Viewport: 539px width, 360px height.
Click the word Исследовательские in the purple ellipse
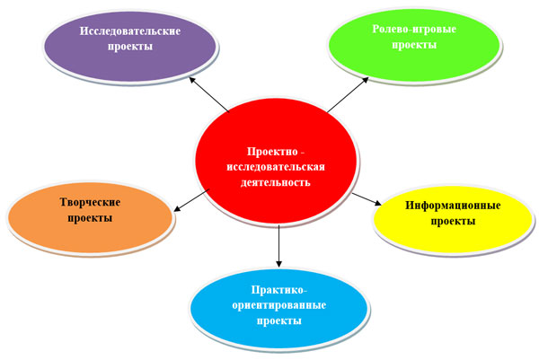coord(130,31)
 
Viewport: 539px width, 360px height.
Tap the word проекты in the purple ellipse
coord(130,47)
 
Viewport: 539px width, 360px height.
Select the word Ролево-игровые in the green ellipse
coord(414,30)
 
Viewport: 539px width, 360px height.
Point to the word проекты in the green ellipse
coord(414,46)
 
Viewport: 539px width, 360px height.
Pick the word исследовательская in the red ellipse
coord(276,167)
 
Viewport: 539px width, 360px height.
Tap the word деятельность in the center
coord(276,182)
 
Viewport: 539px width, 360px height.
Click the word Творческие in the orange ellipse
coord(90,202)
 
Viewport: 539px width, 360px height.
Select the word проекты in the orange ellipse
coord(90,218)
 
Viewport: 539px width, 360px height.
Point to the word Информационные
coord(453,206)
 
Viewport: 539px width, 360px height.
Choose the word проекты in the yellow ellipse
coord(453,222)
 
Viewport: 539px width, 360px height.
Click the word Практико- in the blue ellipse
coord(278,290)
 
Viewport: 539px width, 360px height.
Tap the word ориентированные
coord(278,305)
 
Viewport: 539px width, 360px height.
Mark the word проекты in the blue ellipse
coord(278,321)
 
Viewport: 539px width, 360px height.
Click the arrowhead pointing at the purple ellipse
coord(192,80)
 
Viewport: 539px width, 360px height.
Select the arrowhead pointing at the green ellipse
coord(365,80)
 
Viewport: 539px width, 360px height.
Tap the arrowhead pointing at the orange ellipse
coord(177,208)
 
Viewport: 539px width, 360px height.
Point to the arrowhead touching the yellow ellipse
coord(377,203)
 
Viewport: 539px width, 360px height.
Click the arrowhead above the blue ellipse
coord(278,263)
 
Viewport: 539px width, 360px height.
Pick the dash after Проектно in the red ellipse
coord(303,154)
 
